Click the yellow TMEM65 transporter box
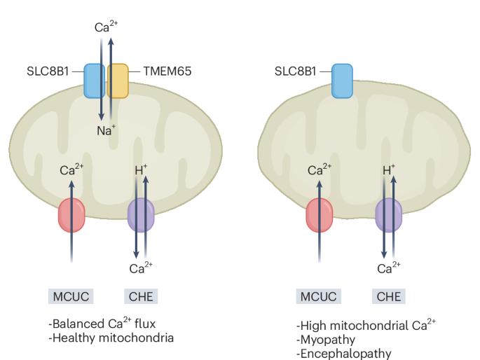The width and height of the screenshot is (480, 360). [118, 81]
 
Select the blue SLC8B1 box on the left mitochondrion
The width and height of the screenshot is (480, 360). [95, 81]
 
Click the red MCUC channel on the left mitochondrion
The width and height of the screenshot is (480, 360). [71, 215]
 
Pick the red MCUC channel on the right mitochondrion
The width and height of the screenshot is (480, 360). [320, 215]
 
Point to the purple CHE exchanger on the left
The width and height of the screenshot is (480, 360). [141, 215]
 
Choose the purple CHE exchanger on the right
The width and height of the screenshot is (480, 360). [389, 215]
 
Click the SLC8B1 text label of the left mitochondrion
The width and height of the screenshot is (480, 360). [45, 71]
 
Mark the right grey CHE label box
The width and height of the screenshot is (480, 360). [388, 296]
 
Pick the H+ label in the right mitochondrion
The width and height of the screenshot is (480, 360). [389, 170]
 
